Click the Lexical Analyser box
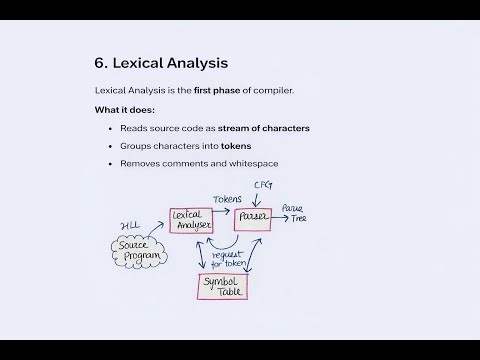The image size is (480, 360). coord(192,220)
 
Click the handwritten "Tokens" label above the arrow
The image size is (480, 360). coord(228,199)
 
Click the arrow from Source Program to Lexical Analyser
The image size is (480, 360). coord(161,235)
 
